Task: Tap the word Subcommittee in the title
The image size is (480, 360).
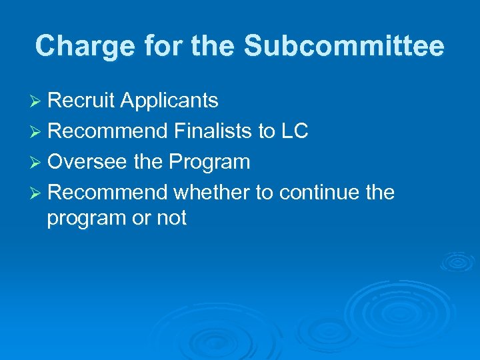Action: point(344,47)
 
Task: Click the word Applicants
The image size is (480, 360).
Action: point(169,101)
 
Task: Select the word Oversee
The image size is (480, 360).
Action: point(85,162)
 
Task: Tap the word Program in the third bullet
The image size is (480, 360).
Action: point(209,162)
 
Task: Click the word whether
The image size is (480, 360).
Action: point(211,193)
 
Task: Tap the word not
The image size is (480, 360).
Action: point(171,217)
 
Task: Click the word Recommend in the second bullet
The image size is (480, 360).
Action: point(107,131)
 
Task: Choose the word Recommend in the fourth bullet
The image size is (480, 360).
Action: point(107,193)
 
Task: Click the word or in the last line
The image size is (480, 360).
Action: point(141,219)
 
